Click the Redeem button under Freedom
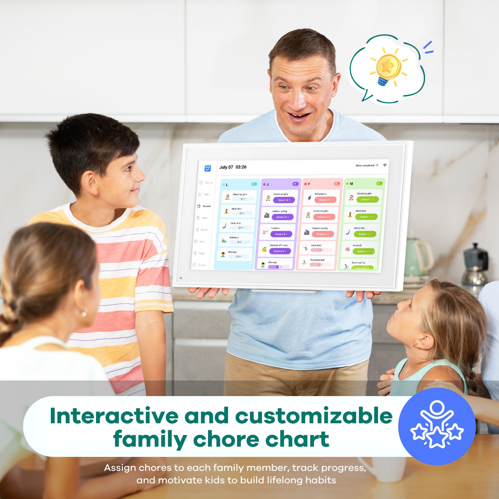point(281,234)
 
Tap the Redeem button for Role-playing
point(325,200)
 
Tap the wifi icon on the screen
point(385,165)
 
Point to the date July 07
point(226,167)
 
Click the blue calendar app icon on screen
point(208,168)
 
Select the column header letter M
point(351,184)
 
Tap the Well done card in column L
point(236,240)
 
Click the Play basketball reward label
point(317,260)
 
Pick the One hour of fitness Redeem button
point(280,251)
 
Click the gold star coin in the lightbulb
point(388,66)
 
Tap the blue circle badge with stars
point(437,426)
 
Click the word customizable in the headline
point(313,416)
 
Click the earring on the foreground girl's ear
point(83,312)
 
